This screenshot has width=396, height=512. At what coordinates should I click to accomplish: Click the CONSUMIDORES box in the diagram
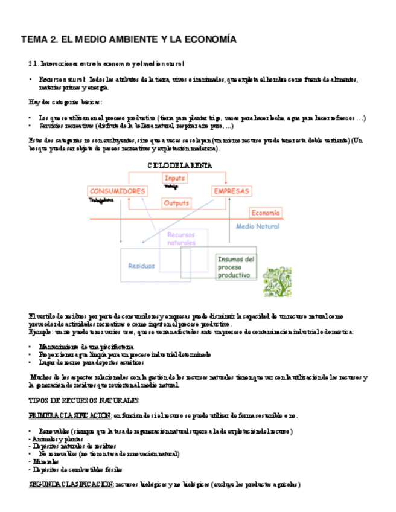pyautogui.click(x=118, y=191)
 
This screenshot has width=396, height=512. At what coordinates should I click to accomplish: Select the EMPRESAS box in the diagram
pyautogui.click(x=231, y=191)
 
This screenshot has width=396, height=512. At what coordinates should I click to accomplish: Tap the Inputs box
pyautogui.click(x=175, y=178)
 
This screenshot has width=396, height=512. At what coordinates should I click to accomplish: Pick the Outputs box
pyautogui.click(x=176, y=203)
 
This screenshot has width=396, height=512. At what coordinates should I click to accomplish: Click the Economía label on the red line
pyautogui.click(x=266, y=213)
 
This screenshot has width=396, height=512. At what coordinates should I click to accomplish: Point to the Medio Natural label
pyautogui.click(x=258, y=226)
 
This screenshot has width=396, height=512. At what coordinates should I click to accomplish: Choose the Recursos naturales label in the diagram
pyautogui.click(x=182, y=238)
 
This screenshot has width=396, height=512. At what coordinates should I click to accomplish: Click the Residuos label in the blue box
pyautogui.click(x=141, y=265)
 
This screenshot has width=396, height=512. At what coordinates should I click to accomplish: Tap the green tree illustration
pyautogui.click(x=277, y=281)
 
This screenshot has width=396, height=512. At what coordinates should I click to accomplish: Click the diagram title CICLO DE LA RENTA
pyautogui.click(x=180, y=165)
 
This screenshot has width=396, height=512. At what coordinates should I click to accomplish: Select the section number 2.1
pyautogui.click(x=33, y=63)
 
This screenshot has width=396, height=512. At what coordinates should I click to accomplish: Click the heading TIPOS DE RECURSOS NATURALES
pyautogui.click(x=84, y=400)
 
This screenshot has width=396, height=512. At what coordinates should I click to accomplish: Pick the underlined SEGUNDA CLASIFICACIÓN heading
pyautogui.click(x=71, y=484)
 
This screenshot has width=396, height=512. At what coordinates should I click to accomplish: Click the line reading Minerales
pyautogui.click(x=43, y=461)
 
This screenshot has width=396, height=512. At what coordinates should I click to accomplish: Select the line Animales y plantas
pyautogui.click(x=55, y=438)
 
